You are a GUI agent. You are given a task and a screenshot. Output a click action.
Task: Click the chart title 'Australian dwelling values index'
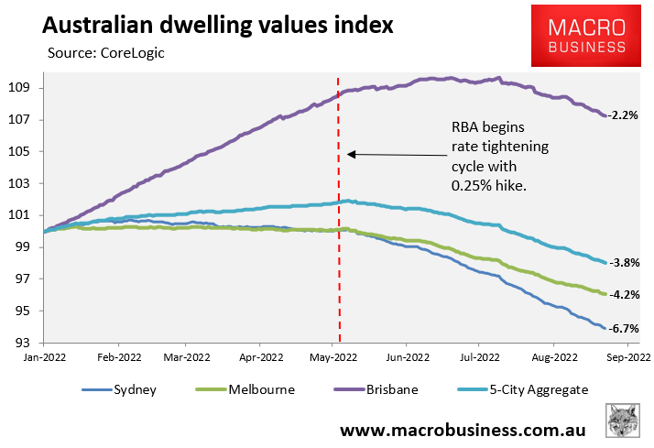[x=204, y=25]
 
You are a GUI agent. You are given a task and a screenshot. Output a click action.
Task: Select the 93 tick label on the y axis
[x=23, y=343]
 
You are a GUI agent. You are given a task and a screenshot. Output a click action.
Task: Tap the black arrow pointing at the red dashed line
[x=395, y=155]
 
